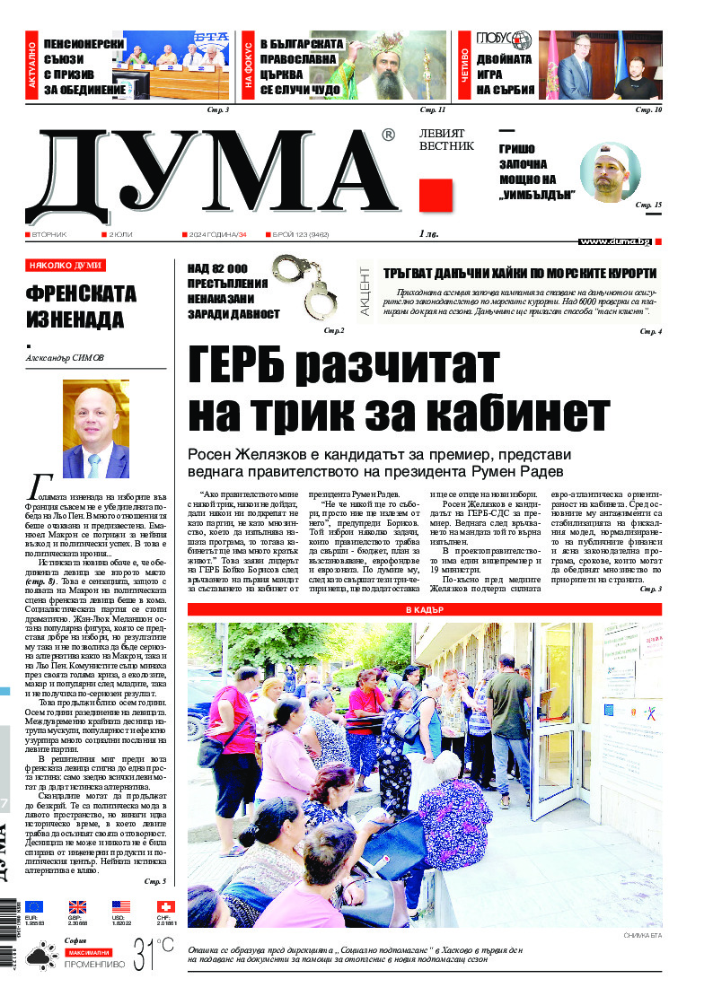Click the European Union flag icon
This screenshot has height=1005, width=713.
point(34,907)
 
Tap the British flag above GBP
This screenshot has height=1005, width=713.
point(78,907)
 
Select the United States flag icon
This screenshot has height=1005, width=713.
point(121,907)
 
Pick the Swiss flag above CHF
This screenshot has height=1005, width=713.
point(165,907)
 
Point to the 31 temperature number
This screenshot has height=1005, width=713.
point(145,955)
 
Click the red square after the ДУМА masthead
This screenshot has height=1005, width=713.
point(436,195)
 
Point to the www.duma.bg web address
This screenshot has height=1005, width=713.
point(614,241)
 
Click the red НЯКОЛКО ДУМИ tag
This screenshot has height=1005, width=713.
point(66,266)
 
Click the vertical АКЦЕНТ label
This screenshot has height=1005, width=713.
point(365,299)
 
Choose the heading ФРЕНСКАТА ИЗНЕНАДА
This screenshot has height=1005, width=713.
point(81,306)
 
